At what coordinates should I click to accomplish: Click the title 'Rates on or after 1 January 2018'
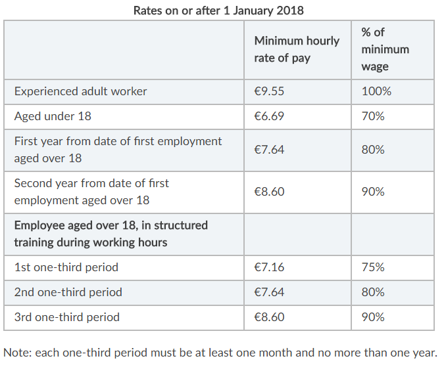[x=218, y=11]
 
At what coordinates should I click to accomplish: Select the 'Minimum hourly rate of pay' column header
[x=297, y=49]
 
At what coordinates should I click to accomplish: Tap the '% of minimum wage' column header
[x=385, y=49]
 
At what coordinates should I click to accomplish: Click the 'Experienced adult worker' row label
[x=80, y=92]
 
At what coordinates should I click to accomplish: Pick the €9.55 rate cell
[x=269, y=91]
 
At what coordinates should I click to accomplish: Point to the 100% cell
[x=376, y=91]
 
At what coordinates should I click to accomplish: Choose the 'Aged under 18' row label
[x=53, y=116]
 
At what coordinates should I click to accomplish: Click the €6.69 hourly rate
[x=269, y=116]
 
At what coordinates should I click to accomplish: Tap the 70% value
[x=373, y=116]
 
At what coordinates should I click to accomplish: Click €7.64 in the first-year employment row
[x=269, y=150]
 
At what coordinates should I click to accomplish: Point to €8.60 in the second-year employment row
[x=269, y=192]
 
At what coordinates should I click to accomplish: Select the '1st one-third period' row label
[x=66, y=267]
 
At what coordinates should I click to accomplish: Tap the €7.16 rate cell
[x=269, y=267]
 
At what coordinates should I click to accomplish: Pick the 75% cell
[x=373, y=267]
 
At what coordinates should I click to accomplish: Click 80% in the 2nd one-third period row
[x=373, y=292]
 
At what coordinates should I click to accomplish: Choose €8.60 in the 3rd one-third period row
[x=269, y=317]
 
